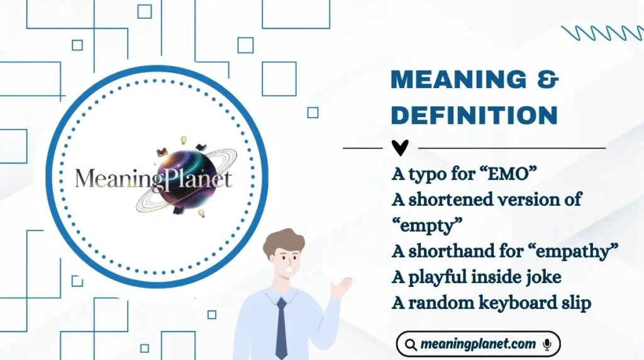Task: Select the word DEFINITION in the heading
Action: pos(474,116)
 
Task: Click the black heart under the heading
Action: pos(400,148)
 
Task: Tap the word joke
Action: pos(538,277)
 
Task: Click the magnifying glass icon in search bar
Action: pos(411,344)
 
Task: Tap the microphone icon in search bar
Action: pos(547,344)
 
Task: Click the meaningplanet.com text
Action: pos(478,344)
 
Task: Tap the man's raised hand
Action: pos(341,288)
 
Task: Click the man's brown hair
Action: pos(283,241)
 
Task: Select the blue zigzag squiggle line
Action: pos(603,33)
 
